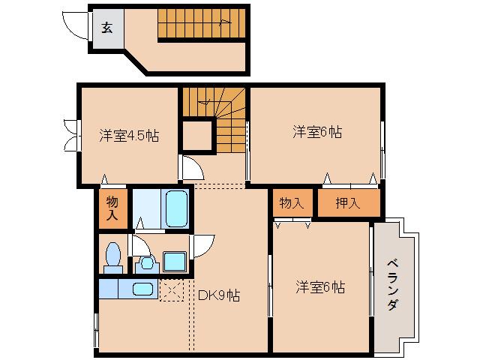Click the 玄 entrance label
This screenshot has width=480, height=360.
click(x=106, y=29)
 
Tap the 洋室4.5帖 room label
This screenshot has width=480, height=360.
click(x=129, y=136)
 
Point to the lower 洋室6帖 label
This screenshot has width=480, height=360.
click(x=320, y=286)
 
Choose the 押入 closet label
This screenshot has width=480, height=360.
click(x=347, y=203)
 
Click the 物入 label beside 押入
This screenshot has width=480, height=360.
click(x=291, y=203)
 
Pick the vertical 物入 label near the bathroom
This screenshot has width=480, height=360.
click(x=112, y=208)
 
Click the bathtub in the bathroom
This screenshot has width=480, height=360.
click(x=175, y=208)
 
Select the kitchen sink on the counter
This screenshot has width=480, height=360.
click(x=142, y=288)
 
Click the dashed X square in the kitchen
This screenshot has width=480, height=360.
click(x=172, y=289)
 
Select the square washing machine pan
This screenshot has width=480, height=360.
click(x=175, y=262)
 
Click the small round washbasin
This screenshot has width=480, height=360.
click(x=147, y=262)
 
